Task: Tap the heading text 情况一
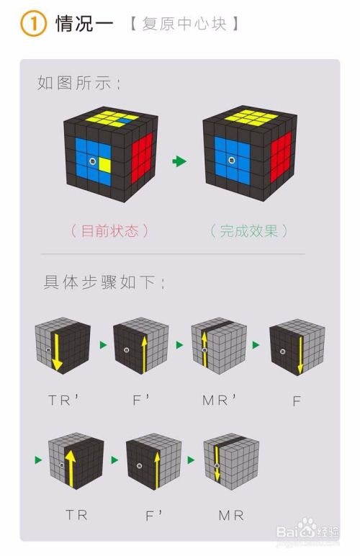click(x=84, y=24)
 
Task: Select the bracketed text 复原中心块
click(x=184, y=24)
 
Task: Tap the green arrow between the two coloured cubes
click(x=179, y=161)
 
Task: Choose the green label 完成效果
click(x=248, y=230)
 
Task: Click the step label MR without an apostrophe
click(x=230, y=515)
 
